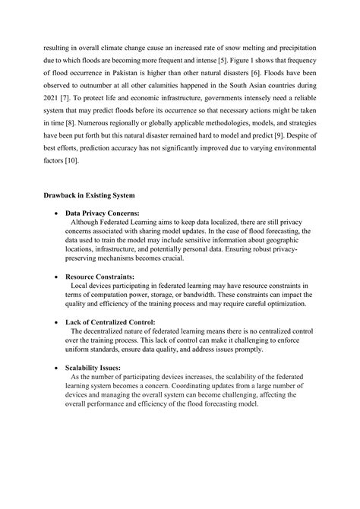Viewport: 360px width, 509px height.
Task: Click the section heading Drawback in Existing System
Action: [x=87, y=196]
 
